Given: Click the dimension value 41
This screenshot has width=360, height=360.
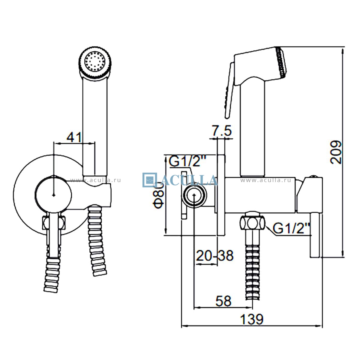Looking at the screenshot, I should point(74,137).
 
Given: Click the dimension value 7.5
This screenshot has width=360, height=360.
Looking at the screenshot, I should point(222,131).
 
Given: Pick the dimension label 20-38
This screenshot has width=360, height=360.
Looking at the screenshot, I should point(214,256).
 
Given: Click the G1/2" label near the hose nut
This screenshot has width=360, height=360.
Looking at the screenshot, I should point(291,229).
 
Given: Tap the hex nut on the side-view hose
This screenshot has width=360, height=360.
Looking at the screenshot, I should point(252,222).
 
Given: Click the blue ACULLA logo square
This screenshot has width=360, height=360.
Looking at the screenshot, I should point(149,180).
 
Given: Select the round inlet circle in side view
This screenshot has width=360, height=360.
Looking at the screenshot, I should point(194,196).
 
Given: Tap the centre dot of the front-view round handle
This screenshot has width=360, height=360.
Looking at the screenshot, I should point(53,195).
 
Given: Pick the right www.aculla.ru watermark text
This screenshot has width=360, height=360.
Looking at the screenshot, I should point(265,180).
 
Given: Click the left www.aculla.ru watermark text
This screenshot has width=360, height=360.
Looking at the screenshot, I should point(95,180).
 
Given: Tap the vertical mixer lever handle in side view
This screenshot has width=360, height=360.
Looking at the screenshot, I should point(316,234).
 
